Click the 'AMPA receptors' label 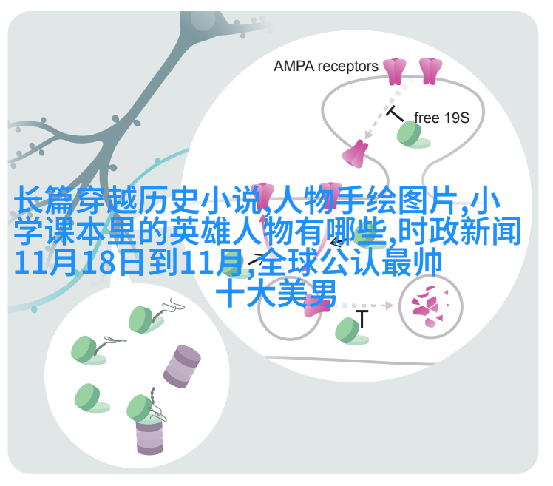click(x=325, y=67)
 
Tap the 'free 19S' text click(x=441, y=118)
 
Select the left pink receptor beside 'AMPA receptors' click(x=394, y=72)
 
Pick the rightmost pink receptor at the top click(x=430, y=71)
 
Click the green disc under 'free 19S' click(x=413, y=135)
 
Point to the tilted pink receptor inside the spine click(x=355, y=154)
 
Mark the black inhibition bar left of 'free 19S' click(x=394, y=113)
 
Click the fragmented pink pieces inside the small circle click(x=430, y=306)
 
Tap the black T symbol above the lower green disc click(x=362, y=318)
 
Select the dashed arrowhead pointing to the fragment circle click(x=389, y=305)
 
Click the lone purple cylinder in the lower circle click(x=182, y=366)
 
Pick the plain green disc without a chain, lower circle click(x=92, y=398)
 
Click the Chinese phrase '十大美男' click(x=276, y=293)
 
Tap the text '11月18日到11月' click(x=129, y=262)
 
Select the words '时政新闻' click(x=460, y=231)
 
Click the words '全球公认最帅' click(x=350, y=262)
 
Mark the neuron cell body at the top click(x=202, y=19)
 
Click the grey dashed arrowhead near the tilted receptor click(x=369, y=135)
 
